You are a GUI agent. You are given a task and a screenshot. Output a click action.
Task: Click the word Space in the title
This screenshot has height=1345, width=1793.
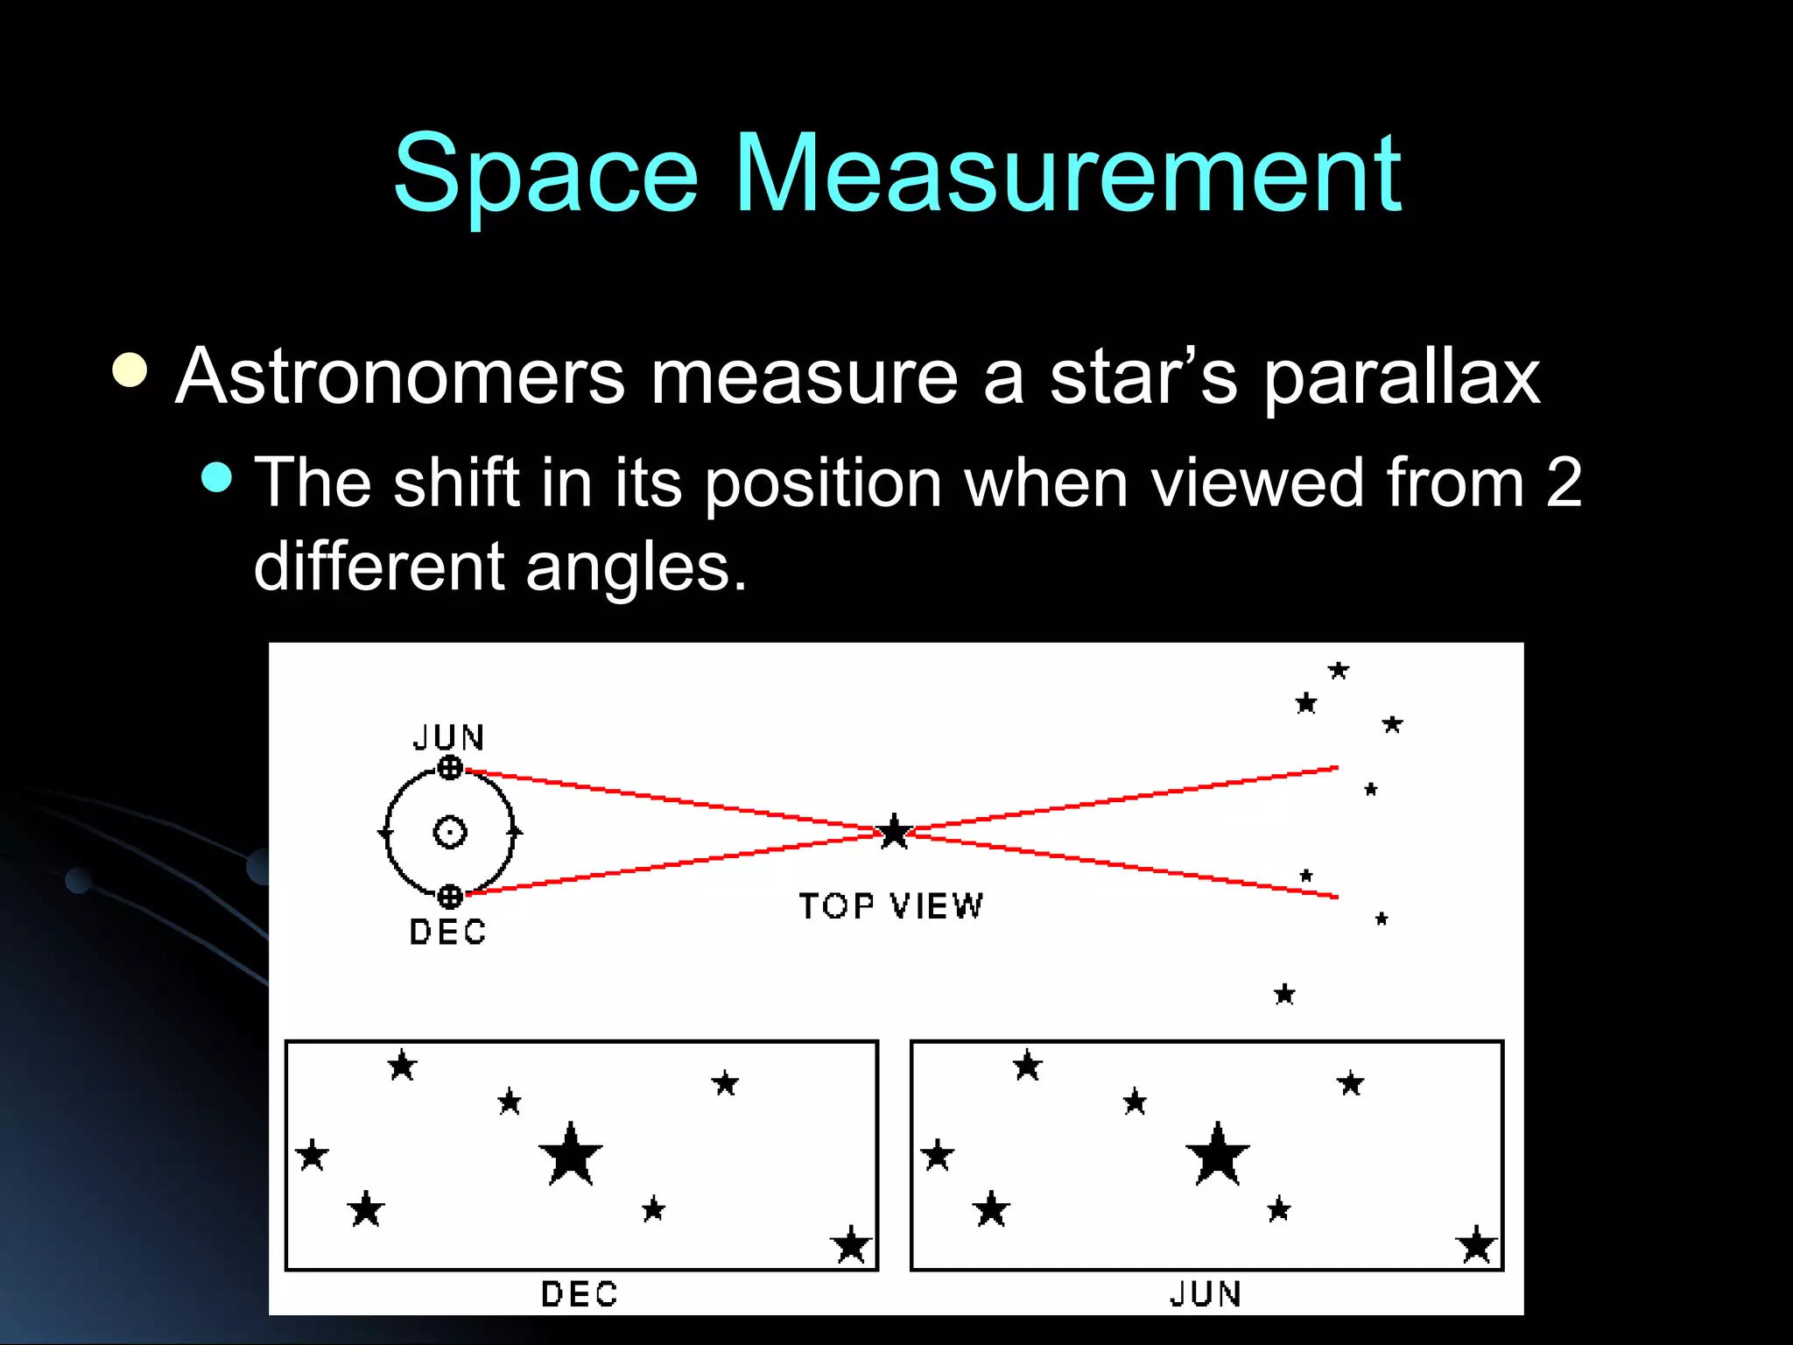pos(545,173)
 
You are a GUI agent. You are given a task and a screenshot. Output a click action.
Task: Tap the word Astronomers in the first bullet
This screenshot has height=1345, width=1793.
pos(400,377)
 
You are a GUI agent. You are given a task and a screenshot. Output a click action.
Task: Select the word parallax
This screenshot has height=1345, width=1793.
pos(1401,378)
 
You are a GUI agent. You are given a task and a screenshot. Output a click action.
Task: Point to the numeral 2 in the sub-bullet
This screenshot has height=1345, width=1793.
pos(1564,482)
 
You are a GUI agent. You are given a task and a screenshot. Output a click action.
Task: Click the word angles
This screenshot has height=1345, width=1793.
pos(636,567)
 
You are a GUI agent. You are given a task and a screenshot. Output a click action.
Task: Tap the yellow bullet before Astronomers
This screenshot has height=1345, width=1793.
pos(130,370)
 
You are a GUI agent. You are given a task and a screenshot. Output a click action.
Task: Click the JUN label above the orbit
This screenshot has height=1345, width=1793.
pos(448,737)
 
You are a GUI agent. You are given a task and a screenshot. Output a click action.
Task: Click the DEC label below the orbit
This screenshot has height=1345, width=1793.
pos(447,932)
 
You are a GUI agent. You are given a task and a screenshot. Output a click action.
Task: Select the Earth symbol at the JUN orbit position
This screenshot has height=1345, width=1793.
pos(450,768)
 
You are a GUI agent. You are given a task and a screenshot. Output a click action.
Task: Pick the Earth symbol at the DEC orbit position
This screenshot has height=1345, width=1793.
pos(450,896)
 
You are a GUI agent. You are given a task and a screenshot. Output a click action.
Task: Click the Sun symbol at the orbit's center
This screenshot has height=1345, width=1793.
pos(450,832)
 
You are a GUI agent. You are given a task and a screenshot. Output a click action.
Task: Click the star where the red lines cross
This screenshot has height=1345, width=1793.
pos(895,832)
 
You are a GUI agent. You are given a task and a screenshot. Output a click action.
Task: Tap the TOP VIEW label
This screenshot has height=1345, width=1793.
pos(891,906)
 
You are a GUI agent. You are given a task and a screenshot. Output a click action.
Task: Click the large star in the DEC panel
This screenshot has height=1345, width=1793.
pos(571,1155)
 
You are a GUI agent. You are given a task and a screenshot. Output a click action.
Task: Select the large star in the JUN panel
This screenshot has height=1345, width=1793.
pos(1217,1155)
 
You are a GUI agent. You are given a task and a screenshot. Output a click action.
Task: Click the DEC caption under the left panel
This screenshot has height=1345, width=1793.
pos(580,1293)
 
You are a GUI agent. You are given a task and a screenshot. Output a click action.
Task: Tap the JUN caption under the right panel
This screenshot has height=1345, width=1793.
pos(1206,1293)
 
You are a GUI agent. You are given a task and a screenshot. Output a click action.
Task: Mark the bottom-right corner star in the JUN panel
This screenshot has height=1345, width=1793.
pos(1476,1245)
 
